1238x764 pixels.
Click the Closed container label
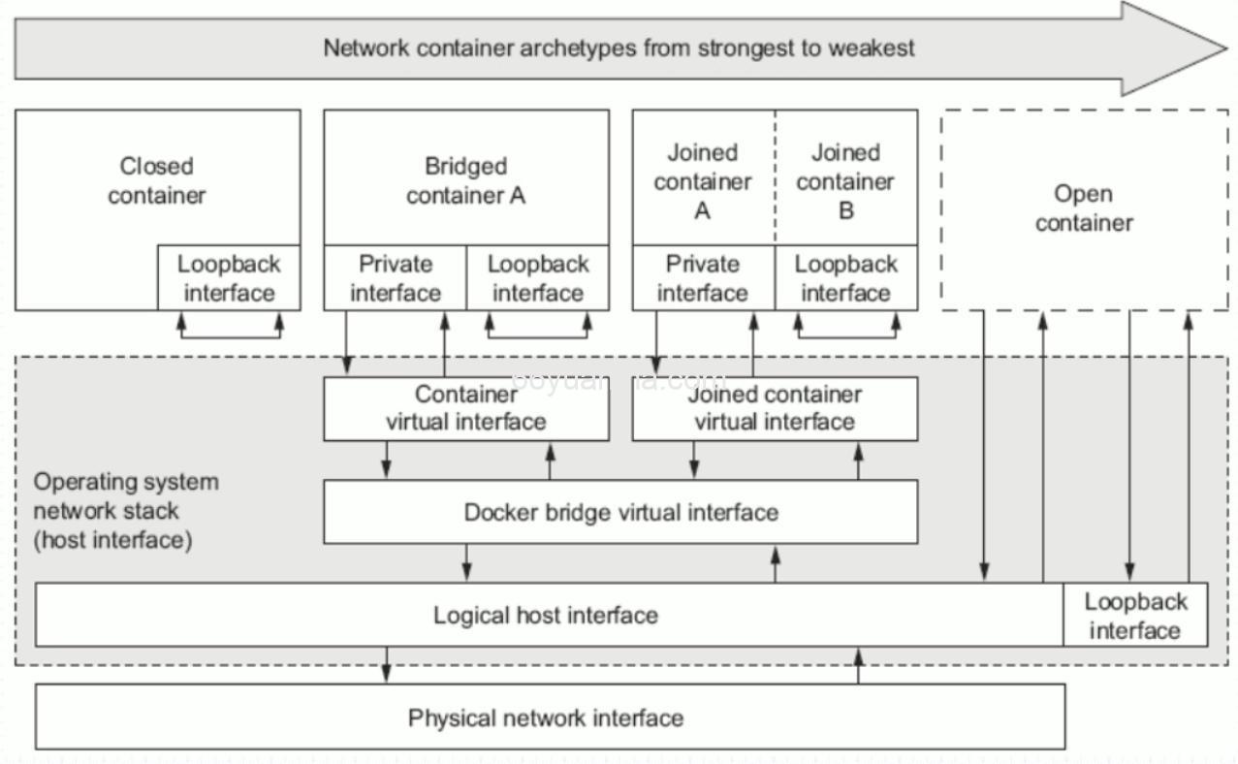pos(157,181)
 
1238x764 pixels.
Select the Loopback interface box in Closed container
pos(229,278)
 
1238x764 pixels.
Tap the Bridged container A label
pos(465,181)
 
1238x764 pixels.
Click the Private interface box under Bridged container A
pos(395,278)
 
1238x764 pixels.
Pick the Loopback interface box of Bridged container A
pos(538,278)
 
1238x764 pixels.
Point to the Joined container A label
pos(702,181)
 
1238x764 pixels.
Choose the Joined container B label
pos(845,181)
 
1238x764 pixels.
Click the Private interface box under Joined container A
pos(703,278)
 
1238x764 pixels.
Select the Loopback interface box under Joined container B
pos(845,278)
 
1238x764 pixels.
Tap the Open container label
pos(1083,208)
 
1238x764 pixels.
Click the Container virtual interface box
pos(466,408)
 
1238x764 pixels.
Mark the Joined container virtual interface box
pos(775,408)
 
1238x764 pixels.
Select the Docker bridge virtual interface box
pos(620,512)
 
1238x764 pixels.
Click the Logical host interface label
pos(545,615)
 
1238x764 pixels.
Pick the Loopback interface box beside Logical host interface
pos(1135,616)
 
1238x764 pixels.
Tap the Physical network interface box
pos(546,717)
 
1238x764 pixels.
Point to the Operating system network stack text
pos(126,510)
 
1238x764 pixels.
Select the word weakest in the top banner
pos(871,48)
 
